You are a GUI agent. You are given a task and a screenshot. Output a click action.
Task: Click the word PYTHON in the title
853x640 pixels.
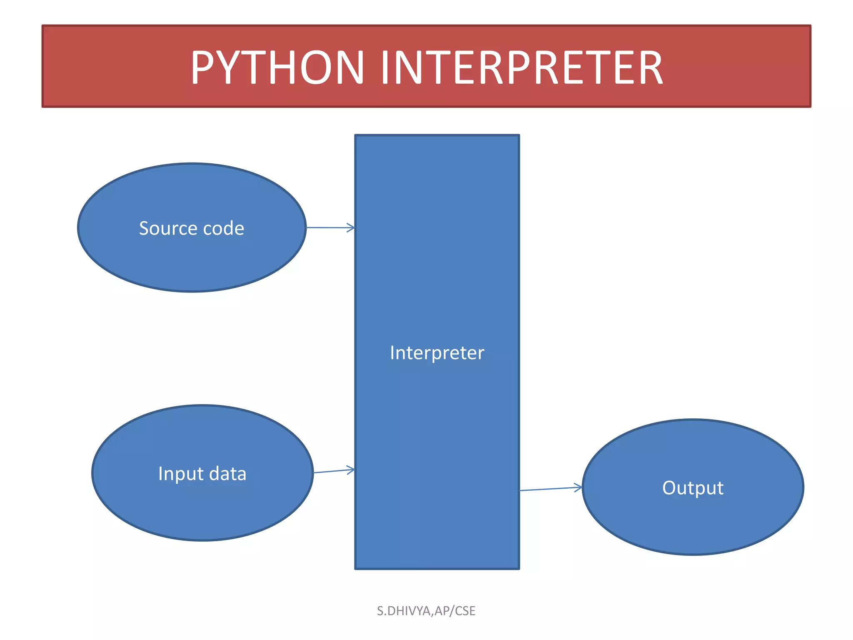(277, 67)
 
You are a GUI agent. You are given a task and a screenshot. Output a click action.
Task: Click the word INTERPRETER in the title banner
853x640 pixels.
(521, 67)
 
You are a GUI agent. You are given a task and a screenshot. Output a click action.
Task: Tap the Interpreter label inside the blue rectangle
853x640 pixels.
(437, 353)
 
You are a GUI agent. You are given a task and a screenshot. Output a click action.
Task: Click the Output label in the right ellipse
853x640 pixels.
(693, 488)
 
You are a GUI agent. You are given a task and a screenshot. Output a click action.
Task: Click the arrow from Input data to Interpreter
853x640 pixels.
(333, 471)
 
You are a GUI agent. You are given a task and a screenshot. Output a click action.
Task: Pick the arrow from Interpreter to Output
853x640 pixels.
(550, 489)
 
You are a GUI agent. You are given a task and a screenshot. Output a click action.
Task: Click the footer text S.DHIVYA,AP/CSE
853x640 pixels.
(426, 611)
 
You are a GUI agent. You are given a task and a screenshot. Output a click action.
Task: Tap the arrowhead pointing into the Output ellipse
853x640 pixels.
(579, 487)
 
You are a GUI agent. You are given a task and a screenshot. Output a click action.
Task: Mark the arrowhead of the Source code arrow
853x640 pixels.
(351, 227)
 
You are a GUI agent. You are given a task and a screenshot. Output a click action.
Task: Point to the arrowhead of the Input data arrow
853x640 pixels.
(351, 470)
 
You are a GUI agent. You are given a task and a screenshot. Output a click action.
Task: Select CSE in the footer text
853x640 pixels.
(465, 611)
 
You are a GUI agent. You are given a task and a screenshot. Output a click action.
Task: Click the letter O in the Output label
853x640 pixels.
(669, 488)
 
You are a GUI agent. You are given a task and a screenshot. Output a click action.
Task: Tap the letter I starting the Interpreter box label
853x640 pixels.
(392, 353)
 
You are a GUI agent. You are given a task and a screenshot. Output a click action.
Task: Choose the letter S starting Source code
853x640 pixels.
(144, 228)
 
